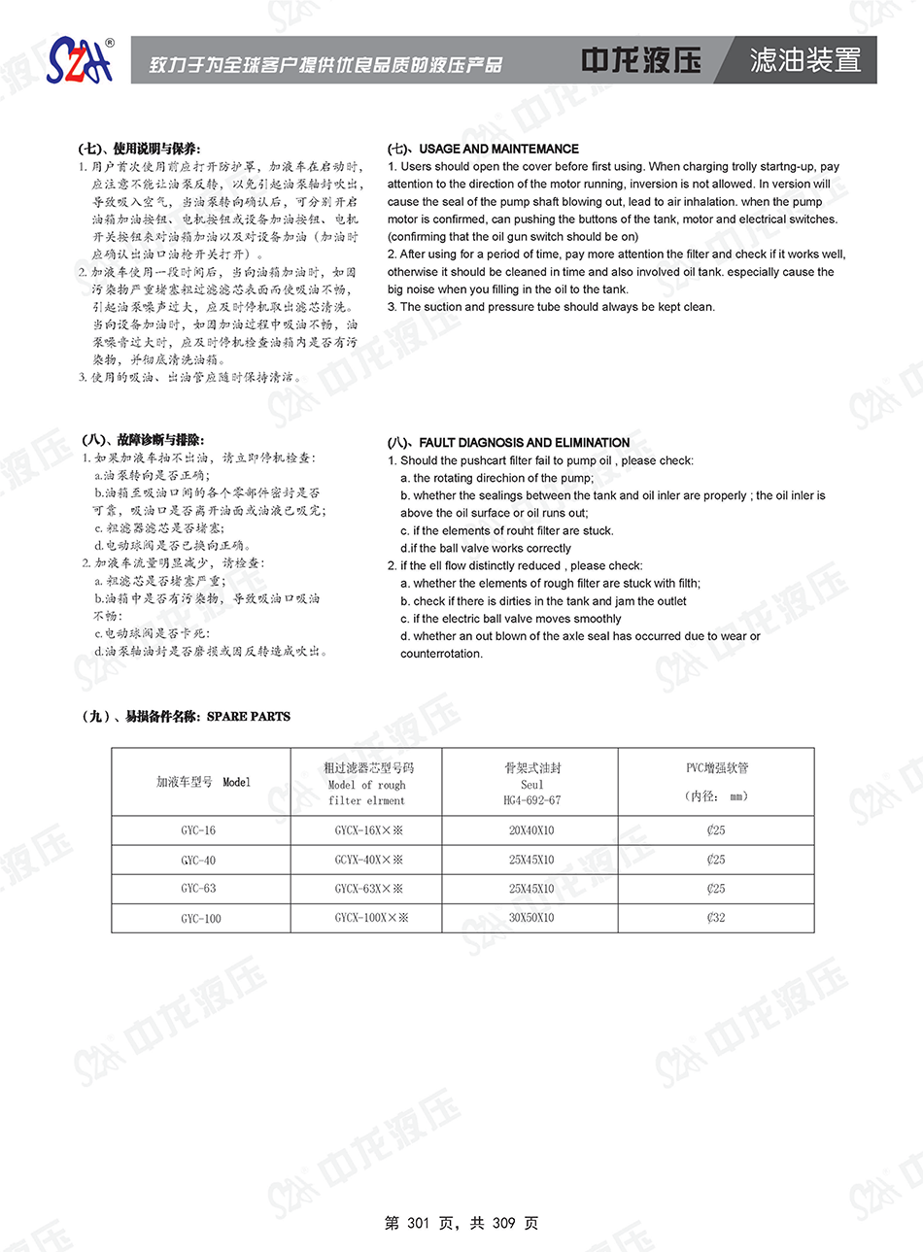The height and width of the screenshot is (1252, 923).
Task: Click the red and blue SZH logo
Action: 80,61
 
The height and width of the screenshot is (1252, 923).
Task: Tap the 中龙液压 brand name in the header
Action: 640,60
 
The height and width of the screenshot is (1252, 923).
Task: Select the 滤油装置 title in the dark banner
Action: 805,60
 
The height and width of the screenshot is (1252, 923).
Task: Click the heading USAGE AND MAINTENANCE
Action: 498,149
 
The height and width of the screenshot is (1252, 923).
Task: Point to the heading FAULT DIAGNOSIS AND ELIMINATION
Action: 525,442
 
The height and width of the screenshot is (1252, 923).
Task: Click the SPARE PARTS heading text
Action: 249,717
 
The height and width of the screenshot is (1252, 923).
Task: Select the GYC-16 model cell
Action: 198,830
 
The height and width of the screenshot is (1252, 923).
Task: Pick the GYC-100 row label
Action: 200,918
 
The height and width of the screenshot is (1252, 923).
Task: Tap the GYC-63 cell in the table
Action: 198,889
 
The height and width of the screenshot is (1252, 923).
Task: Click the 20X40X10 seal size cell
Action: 531,830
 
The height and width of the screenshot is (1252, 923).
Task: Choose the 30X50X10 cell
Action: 531,918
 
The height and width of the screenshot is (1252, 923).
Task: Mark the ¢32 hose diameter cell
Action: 716,918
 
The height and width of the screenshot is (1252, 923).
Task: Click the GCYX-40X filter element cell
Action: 368,860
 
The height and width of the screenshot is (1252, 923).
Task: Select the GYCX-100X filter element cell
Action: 371,918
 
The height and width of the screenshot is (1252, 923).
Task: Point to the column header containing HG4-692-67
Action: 531,800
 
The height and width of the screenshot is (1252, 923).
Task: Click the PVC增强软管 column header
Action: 717,768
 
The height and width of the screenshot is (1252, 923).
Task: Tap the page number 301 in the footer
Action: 418,1223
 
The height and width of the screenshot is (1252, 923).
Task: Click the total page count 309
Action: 503,1223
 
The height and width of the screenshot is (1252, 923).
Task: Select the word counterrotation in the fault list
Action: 441,654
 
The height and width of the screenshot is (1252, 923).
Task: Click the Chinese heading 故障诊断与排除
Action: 160,440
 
